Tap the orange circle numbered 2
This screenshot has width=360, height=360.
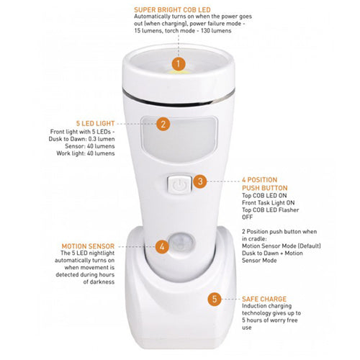coord(163,124)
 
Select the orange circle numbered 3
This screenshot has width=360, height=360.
coord(201,182)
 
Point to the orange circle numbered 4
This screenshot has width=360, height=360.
coord(162,246)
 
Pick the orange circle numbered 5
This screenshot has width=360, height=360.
coord(214,298)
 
